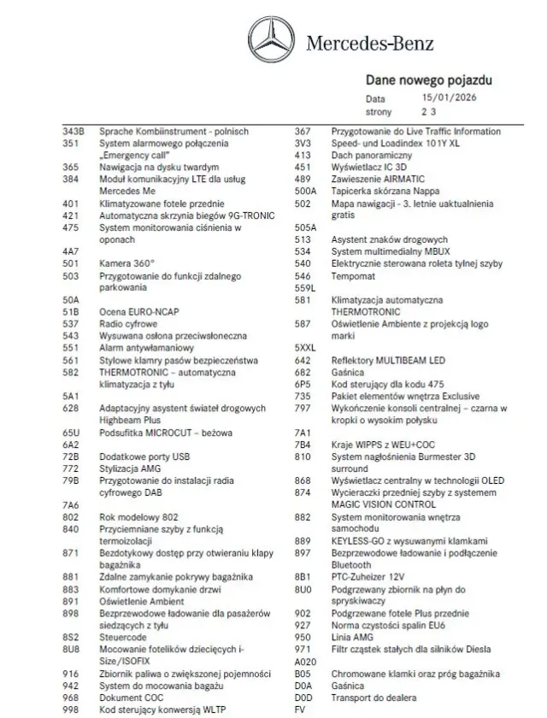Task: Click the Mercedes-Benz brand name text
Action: tap(370, 44)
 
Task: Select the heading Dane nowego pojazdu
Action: tap(428, 80)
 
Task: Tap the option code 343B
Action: tap(74, 132)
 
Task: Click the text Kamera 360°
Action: tap(127, 264)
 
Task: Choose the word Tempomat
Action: tap(353, 276)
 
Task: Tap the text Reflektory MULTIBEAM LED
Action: tap(388, 361)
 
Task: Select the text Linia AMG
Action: tap(352, 638)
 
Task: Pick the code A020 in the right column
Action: tap(305, 662)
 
